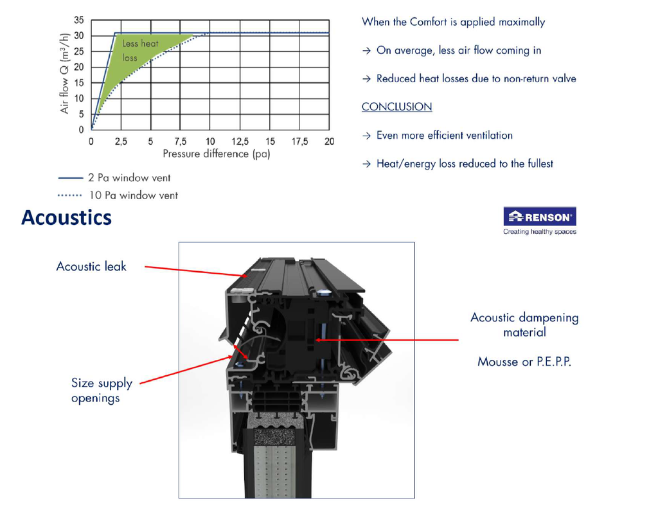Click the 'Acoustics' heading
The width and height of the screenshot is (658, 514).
(x=66, y=218)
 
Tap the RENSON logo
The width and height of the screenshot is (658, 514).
(x=540, y=217)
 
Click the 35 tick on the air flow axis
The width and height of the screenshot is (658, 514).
(x=79, y=20)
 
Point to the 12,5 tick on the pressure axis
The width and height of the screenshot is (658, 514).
(x=240, y=142)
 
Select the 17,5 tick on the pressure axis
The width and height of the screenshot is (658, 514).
(x=299, y=142)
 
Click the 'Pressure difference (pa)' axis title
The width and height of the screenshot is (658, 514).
(x=217, y=154)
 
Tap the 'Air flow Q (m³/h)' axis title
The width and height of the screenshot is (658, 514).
(x=64, y=73)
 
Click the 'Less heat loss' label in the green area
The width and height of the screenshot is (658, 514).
(x=140, y=50)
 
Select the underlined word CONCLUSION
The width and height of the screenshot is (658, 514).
(x=396, y=107)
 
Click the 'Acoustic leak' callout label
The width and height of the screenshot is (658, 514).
(x=91, y=267)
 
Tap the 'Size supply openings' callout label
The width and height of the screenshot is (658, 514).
(x=102, y=390)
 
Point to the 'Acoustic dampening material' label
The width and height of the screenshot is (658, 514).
(x=524, y=324)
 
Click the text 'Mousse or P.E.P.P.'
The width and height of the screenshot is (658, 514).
(x=524, y=362)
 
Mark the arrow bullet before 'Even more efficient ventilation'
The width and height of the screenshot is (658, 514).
(x=366, y=136)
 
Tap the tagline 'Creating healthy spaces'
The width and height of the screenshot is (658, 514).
(x=540, y=231)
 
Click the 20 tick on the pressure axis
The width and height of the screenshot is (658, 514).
(x=330, y=142)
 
